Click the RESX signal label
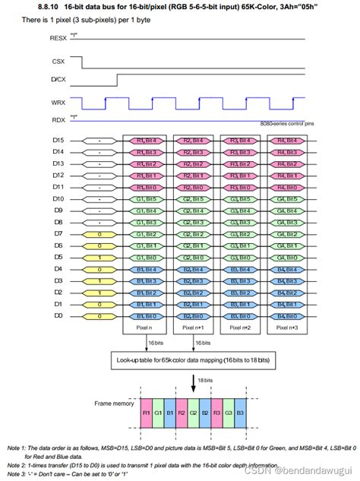pyautogui.click(x=57, y=36)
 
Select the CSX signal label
pyautogui.click(x=58, y=61)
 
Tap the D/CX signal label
pyautogui.click(x=58, y=79)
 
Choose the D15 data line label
pyautogui.click(x=58, y=140)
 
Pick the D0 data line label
pyautogui.click(x=58, y=315)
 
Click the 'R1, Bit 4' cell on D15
pyautogui.click(x=147, y=140)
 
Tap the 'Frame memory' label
pyautogui.click(x=113, y=404)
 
